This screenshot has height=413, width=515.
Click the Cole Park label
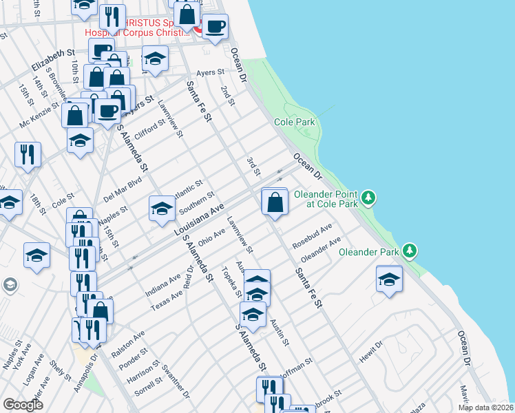click(295, 122)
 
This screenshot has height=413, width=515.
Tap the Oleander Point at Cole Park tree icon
click(370, 198)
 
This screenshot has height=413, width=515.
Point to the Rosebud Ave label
click(312, 235)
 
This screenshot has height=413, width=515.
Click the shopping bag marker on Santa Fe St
click(275, 202)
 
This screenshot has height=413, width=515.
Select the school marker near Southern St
click(162, 208)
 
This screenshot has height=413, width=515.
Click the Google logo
click(23, 405)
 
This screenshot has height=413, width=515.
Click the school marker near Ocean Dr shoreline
click(389, 279)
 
